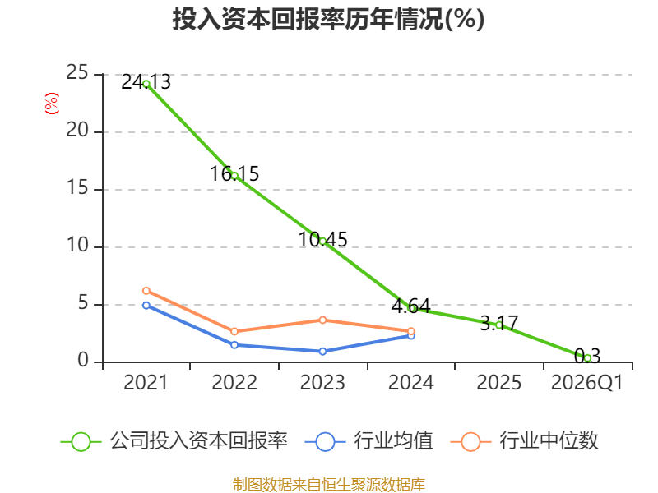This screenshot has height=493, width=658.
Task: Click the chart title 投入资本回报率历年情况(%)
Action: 328,19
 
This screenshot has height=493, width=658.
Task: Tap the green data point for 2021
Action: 146,84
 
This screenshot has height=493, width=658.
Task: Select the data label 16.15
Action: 234,173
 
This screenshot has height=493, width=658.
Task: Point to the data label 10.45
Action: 322,239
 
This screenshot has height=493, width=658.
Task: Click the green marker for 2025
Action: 499,325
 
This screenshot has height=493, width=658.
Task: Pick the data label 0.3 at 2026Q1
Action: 587,356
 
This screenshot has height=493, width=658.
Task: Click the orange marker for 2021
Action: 146,291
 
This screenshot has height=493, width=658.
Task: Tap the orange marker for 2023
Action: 322,320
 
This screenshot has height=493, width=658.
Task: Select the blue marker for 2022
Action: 234,344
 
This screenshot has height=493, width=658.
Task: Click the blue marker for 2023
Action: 322,352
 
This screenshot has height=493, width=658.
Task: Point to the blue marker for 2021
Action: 146,305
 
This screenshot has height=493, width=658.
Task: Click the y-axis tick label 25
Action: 77,73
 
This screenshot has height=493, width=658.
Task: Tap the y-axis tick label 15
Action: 77,188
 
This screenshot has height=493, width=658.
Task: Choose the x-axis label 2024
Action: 410,383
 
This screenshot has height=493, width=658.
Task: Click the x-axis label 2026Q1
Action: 587,383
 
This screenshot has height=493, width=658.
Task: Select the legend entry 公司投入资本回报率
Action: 174,441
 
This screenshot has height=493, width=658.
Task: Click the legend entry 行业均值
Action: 368,441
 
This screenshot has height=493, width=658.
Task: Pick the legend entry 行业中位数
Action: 524,441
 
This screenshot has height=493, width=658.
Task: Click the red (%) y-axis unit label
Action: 52,104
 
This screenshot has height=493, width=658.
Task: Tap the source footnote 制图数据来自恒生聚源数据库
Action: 329,485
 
